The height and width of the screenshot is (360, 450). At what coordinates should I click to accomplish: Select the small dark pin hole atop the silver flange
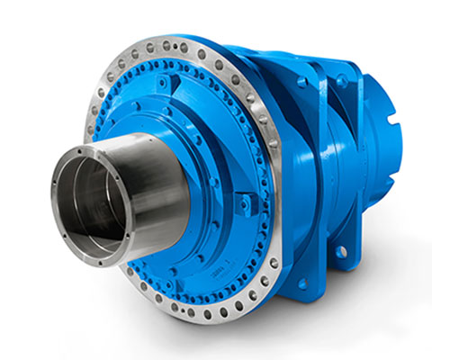pyautogui.click(x=171, y=44)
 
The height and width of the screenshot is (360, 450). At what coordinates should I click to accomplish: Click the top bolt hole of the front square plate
pyautogui.click(x=301, y=82)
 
